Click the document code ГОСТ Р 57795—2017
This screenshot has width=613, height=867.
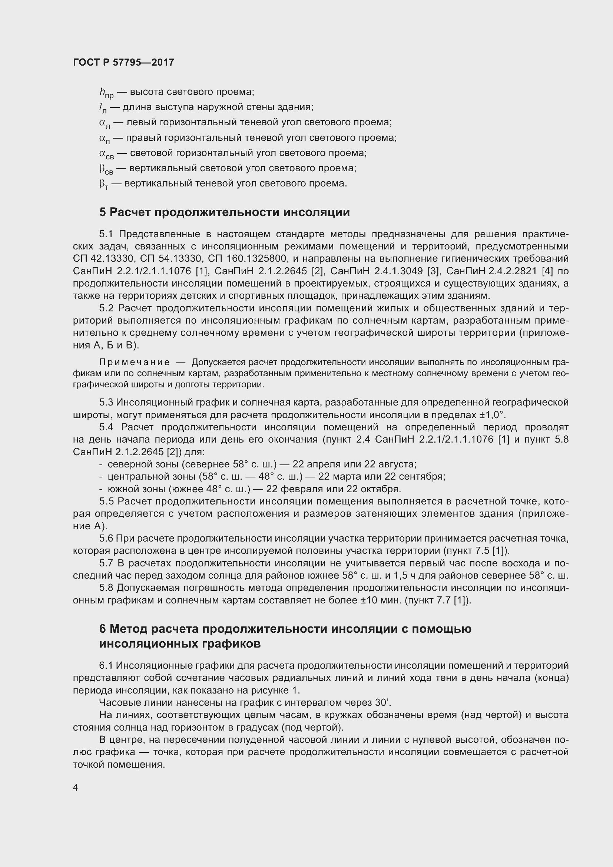(123, 62)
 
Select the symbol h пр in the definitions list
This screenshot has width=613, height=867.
(106, 93)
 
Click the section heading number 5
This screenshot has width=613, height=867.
(103, 212)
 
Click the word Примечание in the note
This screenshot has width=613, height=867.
(134, 363)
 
